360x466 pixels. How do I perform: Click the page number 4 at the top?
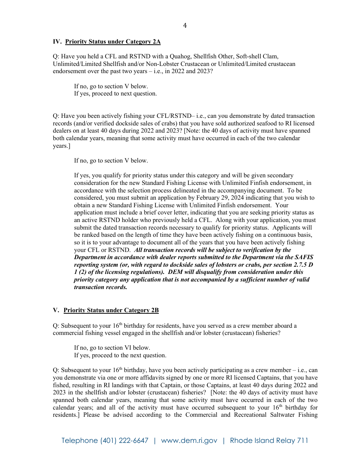coord(185,25)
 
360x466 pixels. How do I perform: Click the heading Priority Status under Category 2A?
coord(113,42)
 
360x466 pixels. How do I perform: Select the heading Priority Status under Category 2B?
coord(111,310)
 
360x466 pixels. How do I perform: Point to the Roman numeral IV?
coord(56,42)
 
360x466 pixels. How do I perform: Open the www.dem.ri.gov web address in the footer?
coord(189,441)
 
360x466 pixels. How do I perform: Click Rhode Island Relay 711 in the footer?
coord(269,441)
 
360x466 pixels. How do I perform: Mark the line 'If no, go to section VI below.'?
coord(112,348)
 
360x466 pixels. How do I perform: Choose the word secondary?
coord(279,175)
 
